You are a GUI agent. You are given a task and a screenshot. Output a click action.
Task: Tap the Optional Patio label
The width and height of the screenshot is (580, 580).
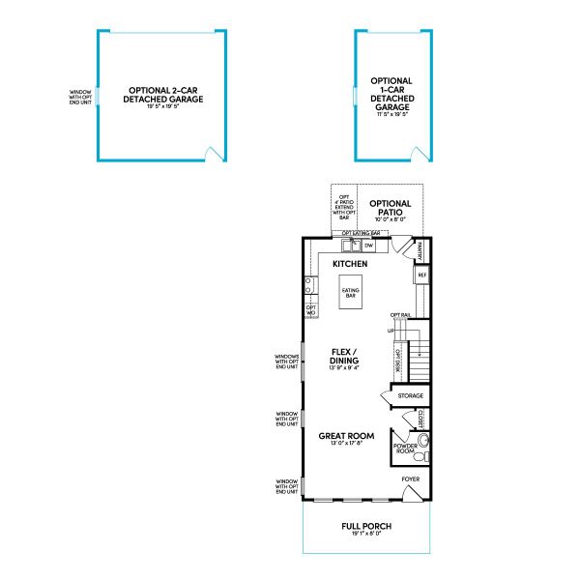coord(391,207)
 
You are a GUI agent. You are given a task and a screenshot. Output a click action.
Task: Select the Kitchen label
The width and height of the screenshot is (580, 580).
coord(349,263)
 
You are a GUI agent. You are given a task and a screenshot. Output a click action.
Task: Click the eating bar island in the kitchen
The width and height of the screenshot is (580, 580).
coord(350,293)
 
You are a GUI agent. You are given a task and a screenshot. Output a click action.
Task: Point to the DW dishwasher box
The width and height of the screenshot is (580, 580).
coord(368,246)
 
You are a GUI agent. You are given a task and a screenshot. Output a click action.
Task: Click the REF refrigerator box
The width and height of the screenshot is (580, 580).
coord(422,275)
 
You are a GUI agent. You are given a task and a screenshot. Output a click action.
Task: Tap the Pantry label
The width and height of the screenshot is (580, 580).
coord(421,250)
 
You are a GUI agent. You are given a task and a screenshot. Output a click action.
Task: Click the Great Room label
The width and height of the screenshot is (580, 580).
coord(346,436)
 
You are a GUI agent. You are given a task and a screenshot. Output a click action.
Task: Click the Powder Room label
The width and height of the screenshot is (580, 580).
coord(404,448)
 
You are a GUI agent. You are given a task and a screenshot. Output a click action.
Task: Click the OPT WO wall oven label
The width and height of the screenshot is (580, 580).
coord(311,310)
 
